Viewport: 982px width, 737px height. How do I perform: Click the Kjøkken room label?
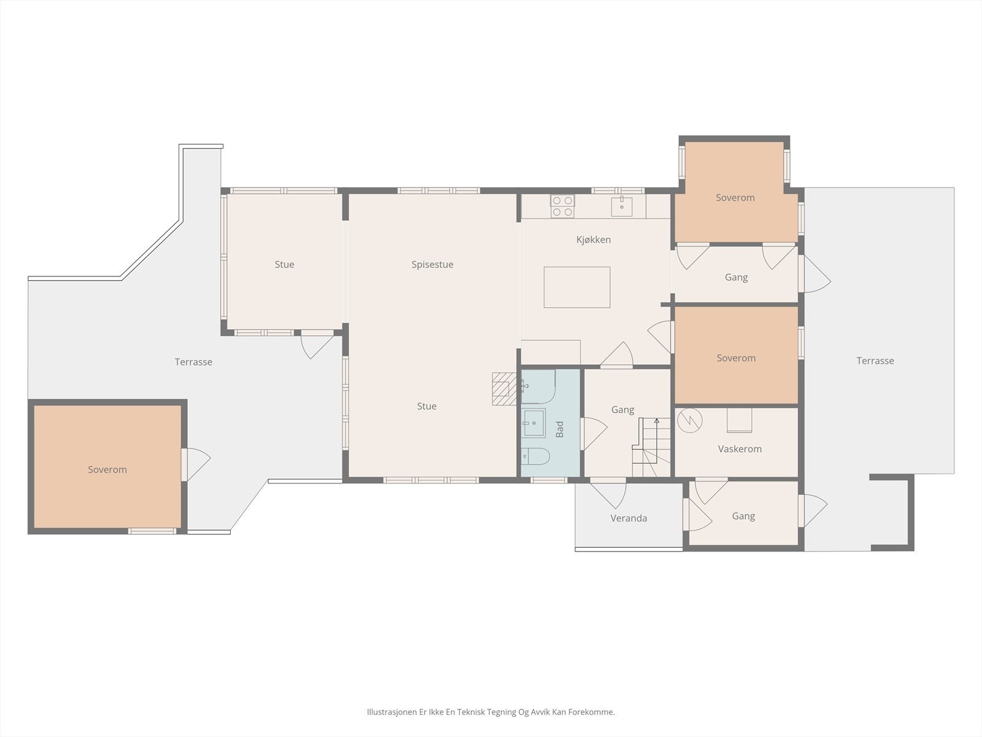point(593,240)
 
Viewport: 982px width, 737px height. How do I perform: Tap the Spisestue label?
point(432,265)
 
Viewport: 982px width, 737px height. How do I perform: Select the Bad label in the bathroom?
point(560,429)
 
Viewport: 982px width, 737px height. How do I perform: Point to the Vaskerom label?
point(740,449)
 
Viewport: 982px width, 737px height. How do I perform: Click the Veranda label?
point(628,518)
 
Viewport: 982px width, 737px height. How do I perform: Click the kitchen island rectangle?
point(577,287)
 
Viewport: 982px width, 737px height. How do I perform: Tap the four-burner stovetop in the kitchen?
point(562,206)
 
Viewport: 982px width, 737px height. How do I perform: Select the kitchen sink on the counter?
point(621,207)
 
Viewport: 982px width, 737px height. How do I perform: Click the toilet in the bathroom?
point(536,456)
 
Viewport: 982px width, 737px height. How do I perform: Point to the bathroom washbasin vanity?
point(534,423)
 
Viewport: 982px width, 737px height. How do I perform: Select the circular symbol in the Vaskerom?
point(689,421)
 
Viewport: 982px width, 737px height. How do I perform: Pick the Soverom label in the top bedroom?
point(735,198)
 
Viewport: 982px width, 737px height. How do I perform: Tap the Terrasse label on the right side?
point(875,361)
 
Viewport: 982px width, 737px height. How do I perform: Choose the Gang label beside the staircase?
point(622,410)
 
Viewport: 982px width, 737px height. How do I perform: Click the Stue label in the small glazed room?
point(284,265)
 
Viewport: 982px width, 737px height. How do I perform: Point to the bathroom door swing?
point(593,434)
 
